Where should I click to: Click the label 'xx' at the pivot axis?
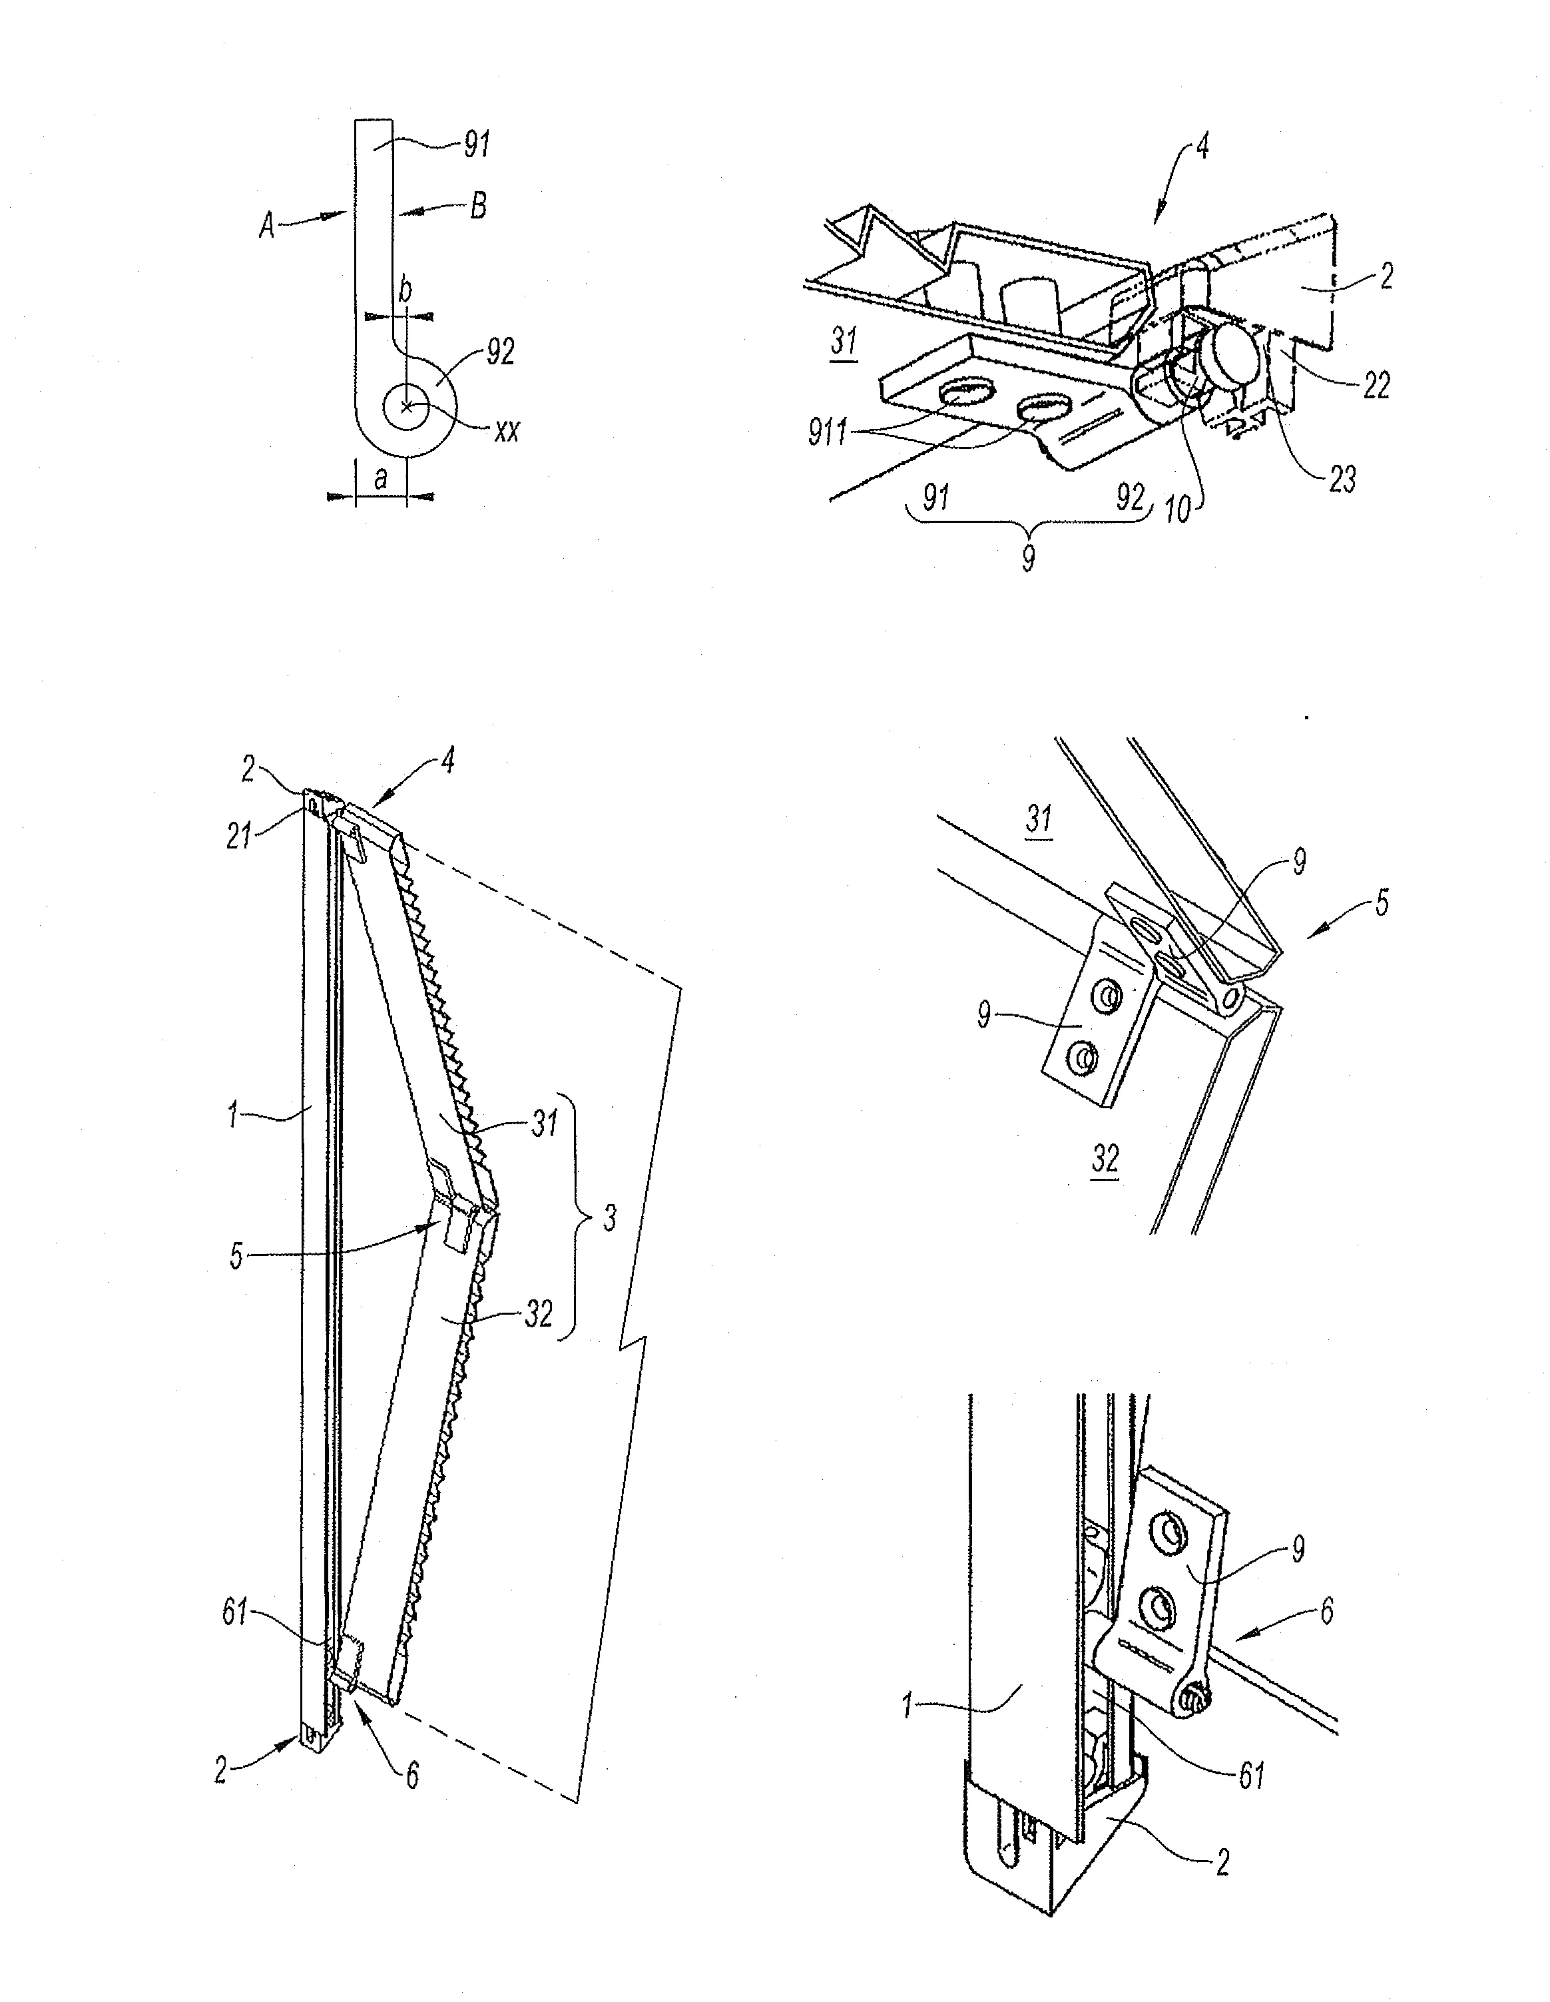pos(506,431)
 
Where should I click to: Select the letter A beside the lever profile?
pos(267,224)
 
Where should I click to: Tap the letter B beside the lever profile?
pos(477,207)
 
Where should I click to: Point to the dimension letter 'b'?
pos(404,290)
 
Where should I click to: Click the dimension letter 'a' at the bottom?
pos(380,478)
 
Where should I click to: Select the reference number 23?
pos(1341,478)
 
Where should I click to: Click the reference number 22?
pos(1375,385)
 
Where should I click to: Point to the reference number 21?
pos(240,836)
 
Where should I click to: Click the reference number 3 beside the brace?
pos(611,1218)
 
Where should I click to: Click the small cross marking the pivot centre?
pos(407,407)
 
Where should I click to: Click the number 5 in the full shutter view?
pos(236,1257)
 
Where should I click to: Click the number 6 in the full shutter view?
pos(413,1775)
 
